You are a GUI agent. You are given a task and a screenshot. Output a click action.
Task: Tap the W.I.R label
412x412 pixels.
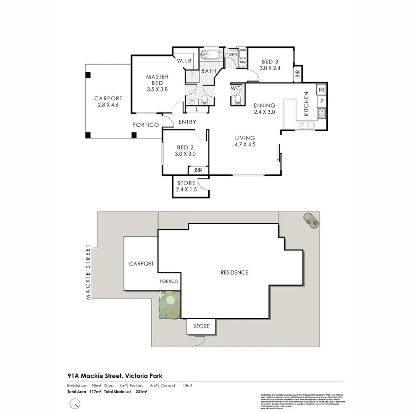click(184, 61)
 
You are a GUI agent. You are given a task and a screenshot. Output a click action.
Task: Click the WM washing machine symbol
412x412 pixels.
click(243, 62)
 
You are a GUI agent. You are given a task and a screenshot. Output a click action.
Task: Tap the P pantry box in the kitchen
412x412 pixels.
click(322, 101)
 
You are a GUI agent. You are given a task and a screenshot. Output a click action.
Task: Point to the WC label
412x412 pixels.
click(236, 89)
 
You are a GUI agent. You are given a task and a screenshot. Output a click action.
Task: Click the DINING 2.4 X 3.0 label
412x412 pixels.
click(264, 109)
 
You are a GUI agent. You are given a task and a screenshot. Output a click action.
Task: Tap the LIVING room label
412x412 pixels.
click(245, 138)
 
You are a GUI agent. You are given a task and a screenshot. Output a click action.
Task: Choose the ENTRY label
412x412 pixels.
click(187, 122)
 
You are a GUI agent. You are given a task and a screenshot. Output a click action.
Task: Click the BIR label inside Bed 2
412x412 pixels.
click(198, 170)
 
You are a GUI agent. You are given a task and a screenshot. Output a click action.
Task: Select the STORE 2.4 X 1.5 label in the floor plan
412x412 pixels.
click(186, 186)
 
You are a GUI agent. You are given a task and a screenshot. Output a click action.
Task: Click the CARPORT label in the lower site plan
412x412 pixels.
click(141, 264)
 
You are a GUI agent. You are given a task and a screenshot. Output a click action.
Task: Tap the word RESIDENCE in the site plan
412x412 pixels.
click(234, 272)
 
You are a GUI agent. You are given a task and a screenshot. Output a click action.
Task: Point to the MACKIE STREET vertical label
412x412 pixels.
click(88, 272)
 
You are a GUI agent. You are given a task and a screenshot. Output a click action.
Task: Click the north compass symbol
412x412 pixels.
click(75, 403)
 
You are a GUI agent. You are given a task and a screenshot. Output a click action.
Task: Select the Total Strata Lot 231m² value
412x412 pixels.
click(141, 391)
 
